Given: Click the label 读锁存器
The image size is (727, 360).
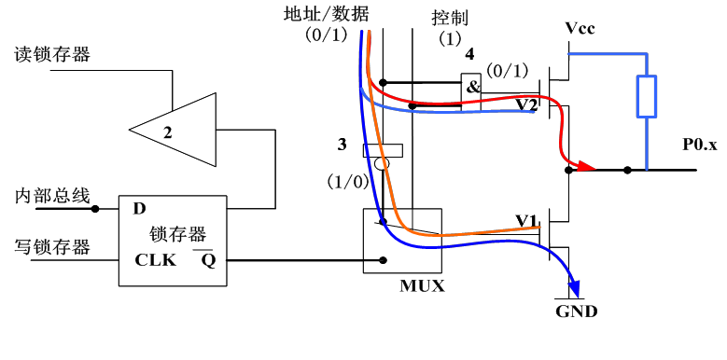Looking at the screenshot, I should point(52,54).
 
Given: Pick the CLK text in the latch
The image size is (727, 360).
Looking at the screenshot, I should point(155,260).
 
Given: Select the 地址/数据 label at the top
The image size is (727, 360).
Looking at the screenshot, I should point(326,13).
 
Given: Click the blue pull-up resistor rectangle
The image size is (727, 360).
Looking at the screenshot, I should point(646,97).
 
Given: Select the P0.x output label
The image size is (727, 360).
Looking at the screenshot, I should point(699,145).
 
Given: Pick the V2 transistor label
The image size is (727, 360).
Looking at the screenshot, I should point(527,104).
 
